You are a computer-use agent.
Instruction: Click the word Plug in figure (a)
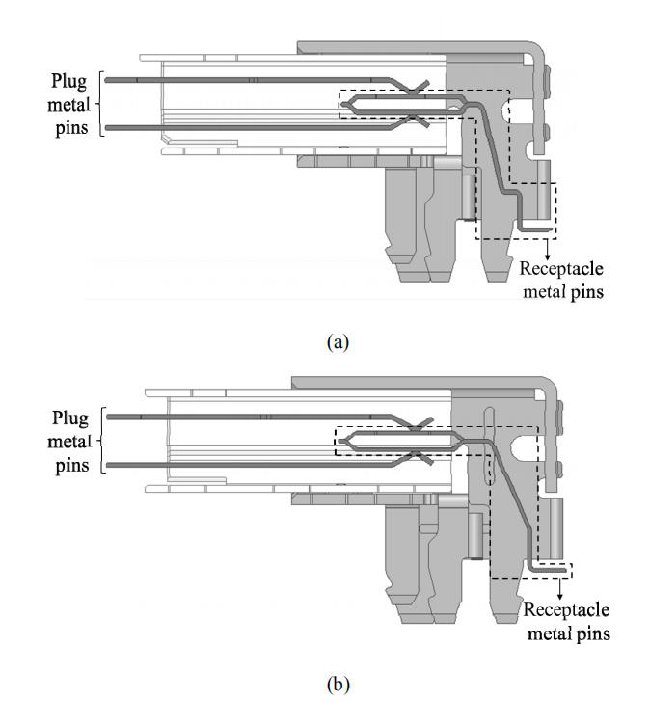tap(68, 82)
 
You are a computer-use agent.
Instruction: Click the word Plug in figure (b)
tap(70, 418)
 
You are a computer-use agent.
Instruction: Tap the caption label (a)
tap(338, 342)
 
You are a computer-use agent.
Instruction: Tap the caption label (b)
tap(338, 685)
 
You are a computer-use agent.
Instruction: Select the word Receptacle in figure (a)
tap(561, 269)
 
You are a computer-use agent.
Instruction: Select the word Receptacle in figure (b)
tap(566, 610)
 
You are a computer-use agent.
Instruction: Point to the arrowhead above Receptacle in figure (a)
tap(547, 256)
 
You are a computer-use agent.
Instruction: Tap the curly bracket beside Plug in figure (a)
tap(100, 104)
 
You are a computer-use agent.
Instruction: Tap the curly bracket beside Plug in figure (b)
tap(102, 441)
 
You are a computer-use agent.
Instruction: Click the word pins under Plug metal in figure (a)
tap(71, 129)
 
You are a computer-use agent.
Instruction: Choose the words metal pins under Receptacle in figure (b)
tap(569, 634)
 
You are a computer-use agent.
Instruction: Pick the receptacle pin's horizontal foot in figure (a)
tap(535, 229)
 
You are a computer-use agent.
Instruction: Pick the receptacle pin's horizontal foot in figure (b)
tap(549, 570)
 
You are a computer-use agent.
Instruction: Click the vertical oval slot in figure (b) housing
tap(489, 445)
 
